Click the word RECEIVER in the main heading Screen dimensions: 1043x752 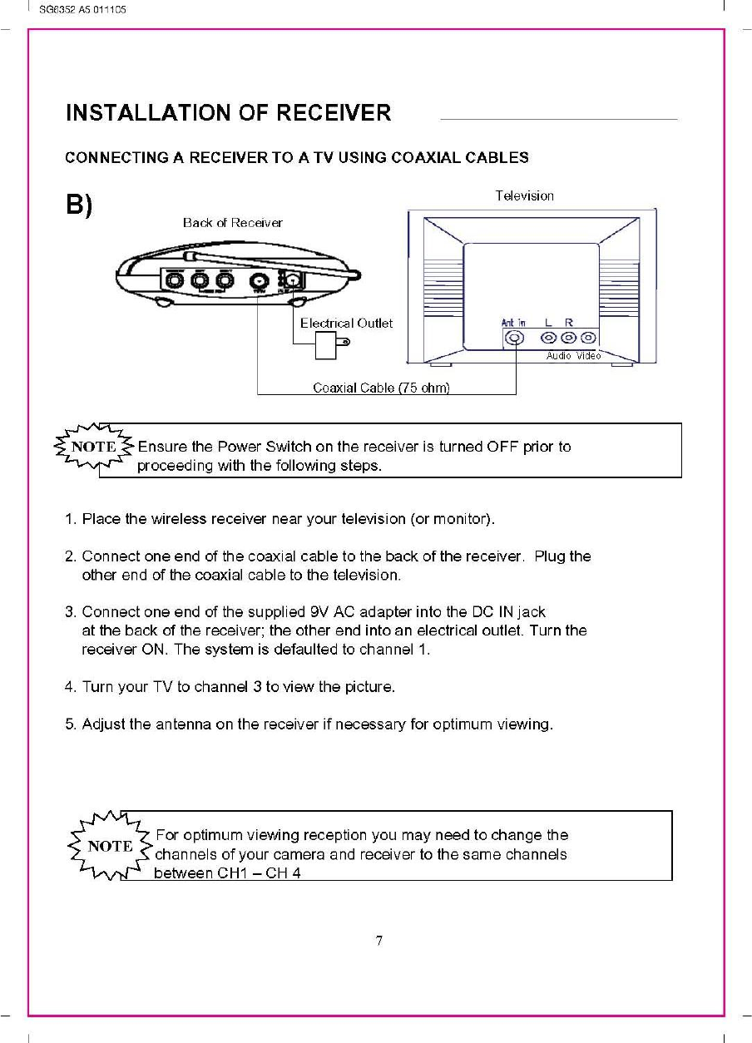tap(329, 113)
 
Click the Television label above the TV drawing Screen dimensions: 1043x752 tap(524, 196)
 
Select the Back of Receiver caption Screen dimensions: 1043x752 tap(232, 223)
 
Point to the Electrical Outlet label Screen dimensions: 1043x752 tap(346, 323)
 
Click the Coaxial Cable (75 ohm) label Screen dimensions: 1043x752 tap(381, 388)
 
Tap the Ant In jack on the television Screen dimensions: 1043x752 tap(515, 339)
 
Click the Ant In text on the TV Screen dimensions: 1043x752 tap(513, 323)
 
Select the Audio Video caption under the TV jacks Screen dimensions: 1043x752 tap(572, 356)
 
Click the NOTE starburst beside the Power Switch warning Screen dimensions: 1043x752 tap(93, 447)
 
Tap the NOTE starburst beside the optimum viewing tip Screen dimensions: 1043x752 tap(109, 847)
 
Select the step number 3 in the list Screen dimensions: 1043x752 tap(69, 613)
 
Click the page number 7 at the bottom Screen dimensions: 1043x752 tap(378, 942)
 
